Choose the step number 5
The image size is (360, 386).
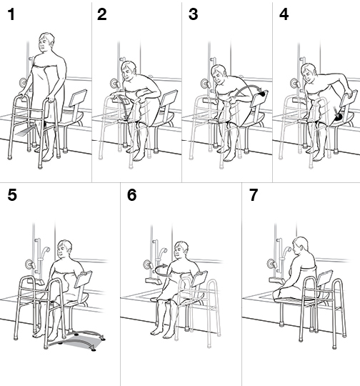click(12, 195)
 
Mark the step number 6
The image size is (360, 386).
click(132, 195)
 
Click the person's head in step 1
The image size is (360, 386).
click(48, 44)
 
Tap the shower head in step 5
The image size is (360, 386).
click(44, 251)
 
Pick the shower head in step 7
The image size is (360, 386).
click(280, 252)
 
